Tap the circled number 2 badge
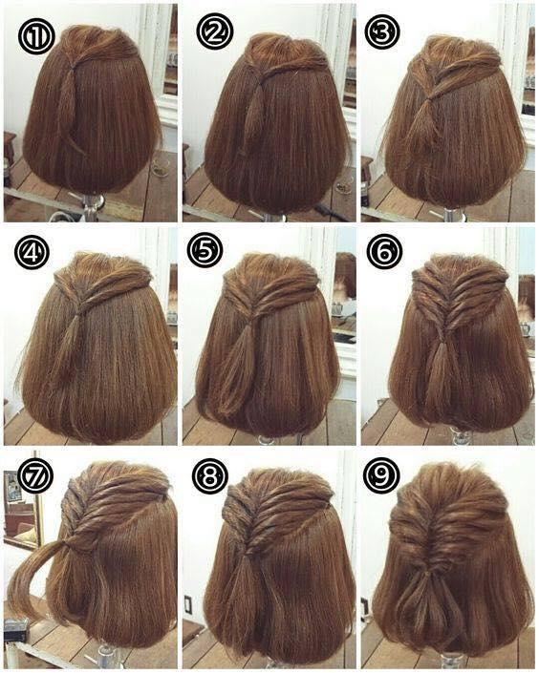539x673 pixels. pos(214,32)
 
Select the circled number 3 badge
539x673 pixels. pos(382,32)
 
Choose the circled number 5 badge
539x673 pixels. pos(205,250)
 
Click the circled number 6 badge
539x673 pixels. pos(383,251)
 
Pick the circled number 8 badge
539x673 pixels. pos(209,475)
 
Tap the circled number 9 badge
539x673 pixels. pos(380,474)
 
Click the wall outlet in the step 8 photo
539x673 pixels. pos(188,604)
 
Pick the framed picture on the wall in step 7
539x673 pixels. pos(13,486)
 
